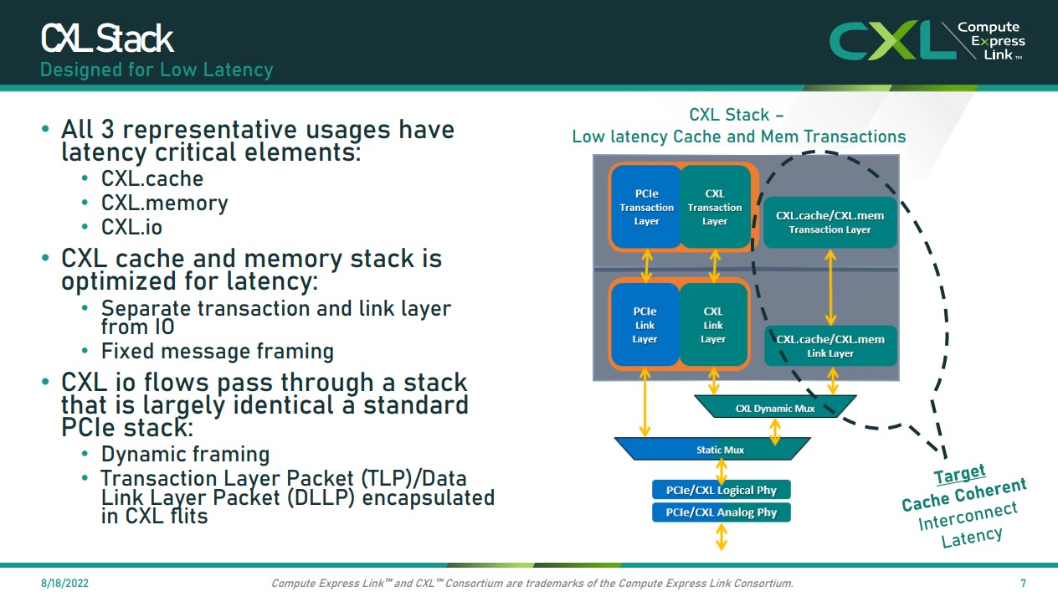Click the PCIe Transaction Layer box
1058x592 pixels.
pyautogui.click(x=646, y=208)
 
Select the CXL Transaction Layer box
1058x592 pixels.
pyautogui.click(x=715, y=208)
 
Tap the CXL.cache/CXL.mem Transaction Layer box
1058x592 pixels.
pyautogui.click(x=829, y=222)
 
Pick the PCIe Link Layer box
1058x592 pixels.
pyautogui.click(x=645, y=325)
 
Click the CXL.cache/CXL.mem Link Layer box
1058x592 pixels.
pyautogui.click(x=830, y=346)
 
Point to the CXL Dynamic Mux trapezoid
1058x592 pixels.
pyautogui.click(x=775, y=408)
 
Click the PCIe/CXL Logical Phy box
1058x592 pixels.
pyautogui.click(x=722, y=490)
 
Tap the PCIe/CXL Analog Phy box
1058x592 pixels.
pyautogui.click(x=722, y=512)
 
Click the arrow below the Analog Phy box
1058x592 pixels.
pyautogui.click(x=722, y=537)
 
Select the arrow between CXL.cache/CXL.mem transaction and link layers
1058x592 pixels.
pyautogui.click(x=830, y=286)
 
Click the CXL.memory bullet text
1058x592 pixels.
pyautogui.click(x=165, y=203)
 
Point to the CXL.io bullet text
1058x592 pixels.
pyautogui.click(x=131, y=227)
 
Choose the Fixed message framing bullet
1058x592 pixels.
pyautogui.click(x=218, y=351)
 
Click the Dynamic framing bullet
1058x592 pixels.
pyautogui.click(x=185, y=455)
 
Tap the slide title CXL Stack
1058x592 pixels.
pyautogui.click(x=107, y=39)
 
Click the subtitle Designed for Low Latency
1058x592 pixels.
pyautogui.click(x=157, y=69)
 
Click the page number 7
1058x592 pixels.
pyautogui.click(x=1023, y=583)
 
